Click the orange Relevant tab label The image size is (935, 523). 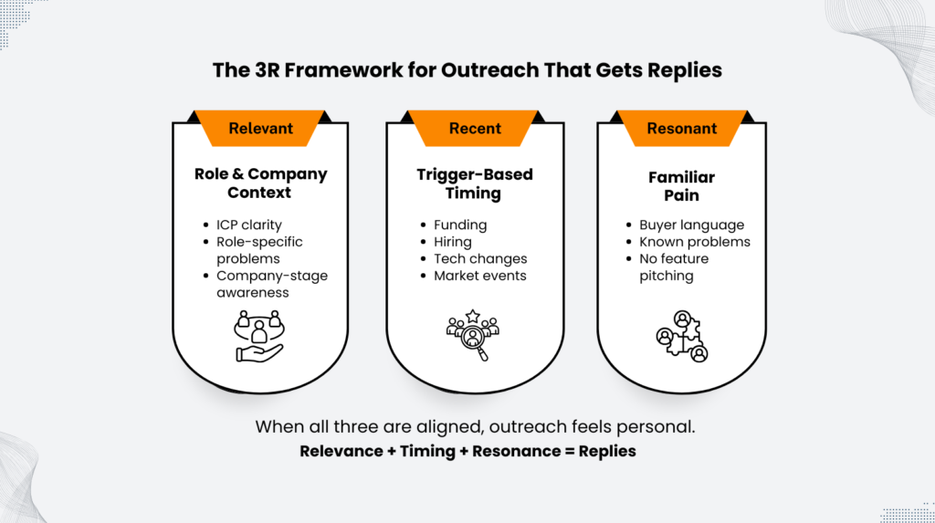(x=260, y=129)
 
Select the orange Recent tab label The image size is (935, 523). (x=475, y=129)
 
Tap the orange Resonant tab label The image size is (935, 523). (x=681, y=129)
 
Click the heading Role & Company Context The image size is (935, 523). (x=260, y=183)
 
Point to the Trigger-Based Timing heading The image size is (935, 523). (x=474, y=183)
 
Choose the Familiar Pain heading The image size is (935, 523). (x=681, y=185)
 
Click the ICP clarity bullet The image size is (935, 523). (x=248, y=225)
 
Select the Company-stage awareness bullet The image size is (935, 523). (x=271, y=284)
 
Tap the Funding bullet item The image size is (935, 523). (x=460, y=225)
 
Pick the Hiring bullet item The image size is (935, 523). (x=453, y=242)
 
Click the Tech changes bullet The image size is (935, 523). (x=480, y=259)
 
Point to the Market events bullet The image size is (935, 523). (x=479, y=276)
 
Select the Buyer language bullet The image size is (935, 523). (x=691, y=225)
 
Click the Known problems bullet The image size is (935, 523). (x=694, y=242)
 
